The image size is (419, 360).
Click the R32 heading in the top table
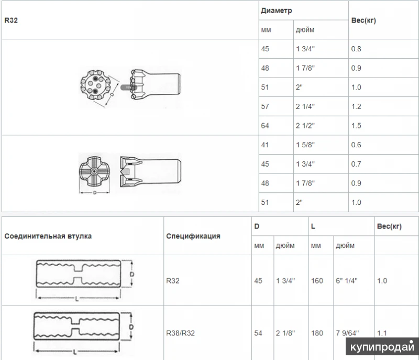[11, 20]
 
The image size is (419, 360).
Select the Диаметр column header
[277, 10]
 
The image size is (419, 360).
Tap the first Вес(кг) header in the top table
[363, 20]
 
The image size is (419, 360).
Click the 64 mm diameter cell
[265, 126]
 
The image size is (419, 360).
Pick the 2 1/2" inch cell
[305, 126]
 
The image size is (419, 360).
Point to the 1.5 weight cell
[356, 126]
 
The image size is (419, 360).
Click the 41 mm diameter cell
[265, 145]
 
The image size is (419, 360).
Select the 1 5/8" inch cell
[305, 145]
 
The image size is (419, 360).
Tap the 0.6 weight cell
[356, 145]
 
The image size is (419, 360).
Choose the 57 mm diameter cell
[265, 106]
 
